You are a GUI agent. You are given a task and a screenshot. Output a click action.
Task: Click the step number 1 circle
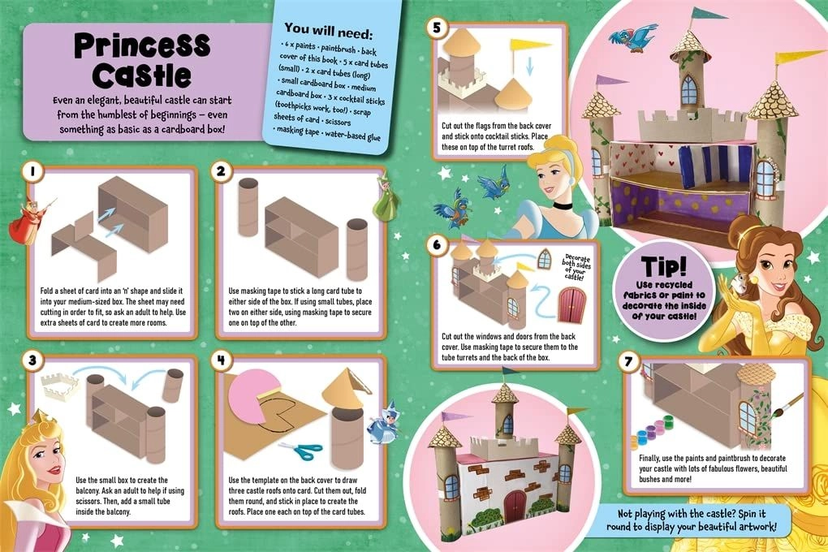click(x=32, y=172)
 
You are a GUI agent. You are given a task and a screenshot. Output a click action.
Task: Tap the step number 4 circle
click(x=221, y=358)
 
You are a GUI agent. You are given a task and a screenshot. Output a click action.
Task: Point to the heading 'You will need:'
click(x=339, y=33)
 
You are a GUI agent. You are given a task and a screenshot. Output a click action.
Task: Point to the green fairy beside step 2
click(x=386, y=197)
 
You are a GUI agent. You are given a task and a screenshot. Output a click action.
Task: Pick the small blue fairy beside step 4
click(x=379, y=423)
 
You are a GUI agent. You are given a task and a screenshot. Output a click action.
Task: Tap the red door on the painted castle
click(x=515, y=505)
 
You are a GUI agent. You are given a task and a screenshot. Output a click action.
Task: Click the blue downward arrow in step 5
click(x=529, y=68)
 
